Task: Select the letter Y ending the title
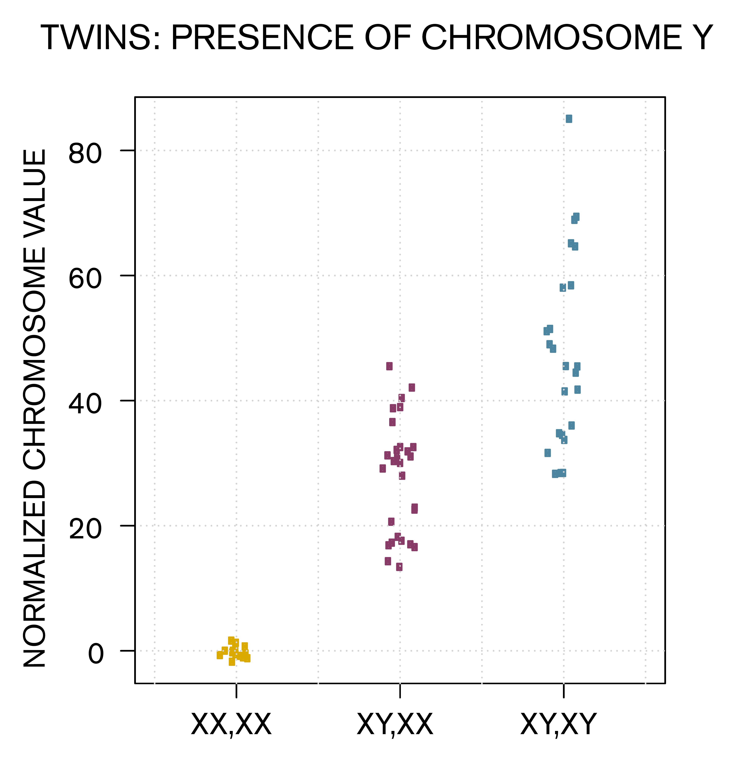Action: pyautogui.click(x=701, y=38)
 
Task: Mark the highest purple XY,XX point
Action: pyautogui.click(x=389, y=366)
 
